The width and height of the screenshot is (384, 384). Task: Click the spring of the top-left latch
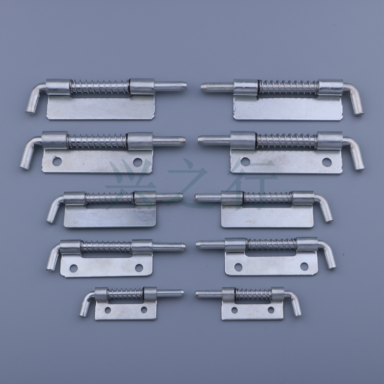pos(99,87)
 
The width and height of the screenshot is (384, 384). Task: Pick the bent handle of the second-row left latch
pos(26,156)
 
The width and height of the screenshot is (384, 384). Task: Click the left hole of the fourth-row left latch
pos(74,268)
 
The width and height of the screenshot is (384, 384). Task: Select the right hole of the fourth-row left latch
pos(139,267)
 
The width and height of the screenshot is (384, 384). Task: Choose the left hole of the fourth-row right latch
pos(238,267)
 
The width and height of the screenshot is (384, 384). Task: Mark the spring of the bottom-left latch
pos(125,294)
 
